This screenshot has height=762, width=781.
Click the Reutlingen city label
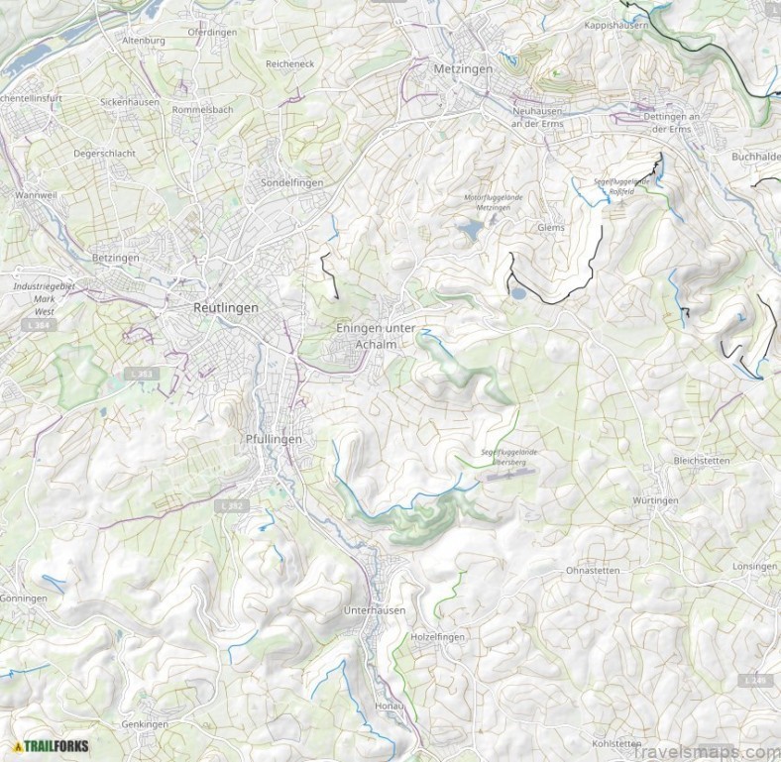pos(226,308)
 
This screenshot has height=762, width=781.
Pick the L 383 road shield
pos(143,374)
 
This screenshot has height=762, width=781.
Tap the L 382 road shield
pos(229,505)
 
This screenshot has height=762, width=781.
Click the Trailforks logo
pos(51,745)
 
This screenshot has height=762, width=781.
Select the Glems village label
pos(550,227)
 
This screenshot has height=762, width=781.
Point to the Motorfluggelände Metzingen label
pos(493,202)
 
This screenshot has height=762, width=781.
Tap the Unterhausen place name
pos(374,610)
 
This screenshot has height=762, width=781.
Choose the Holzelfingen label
pos(437,636)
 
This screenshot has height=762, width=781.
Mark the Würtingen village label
pos(655,501)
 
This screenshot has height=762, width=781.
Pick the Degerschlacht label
pos(104,154)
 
